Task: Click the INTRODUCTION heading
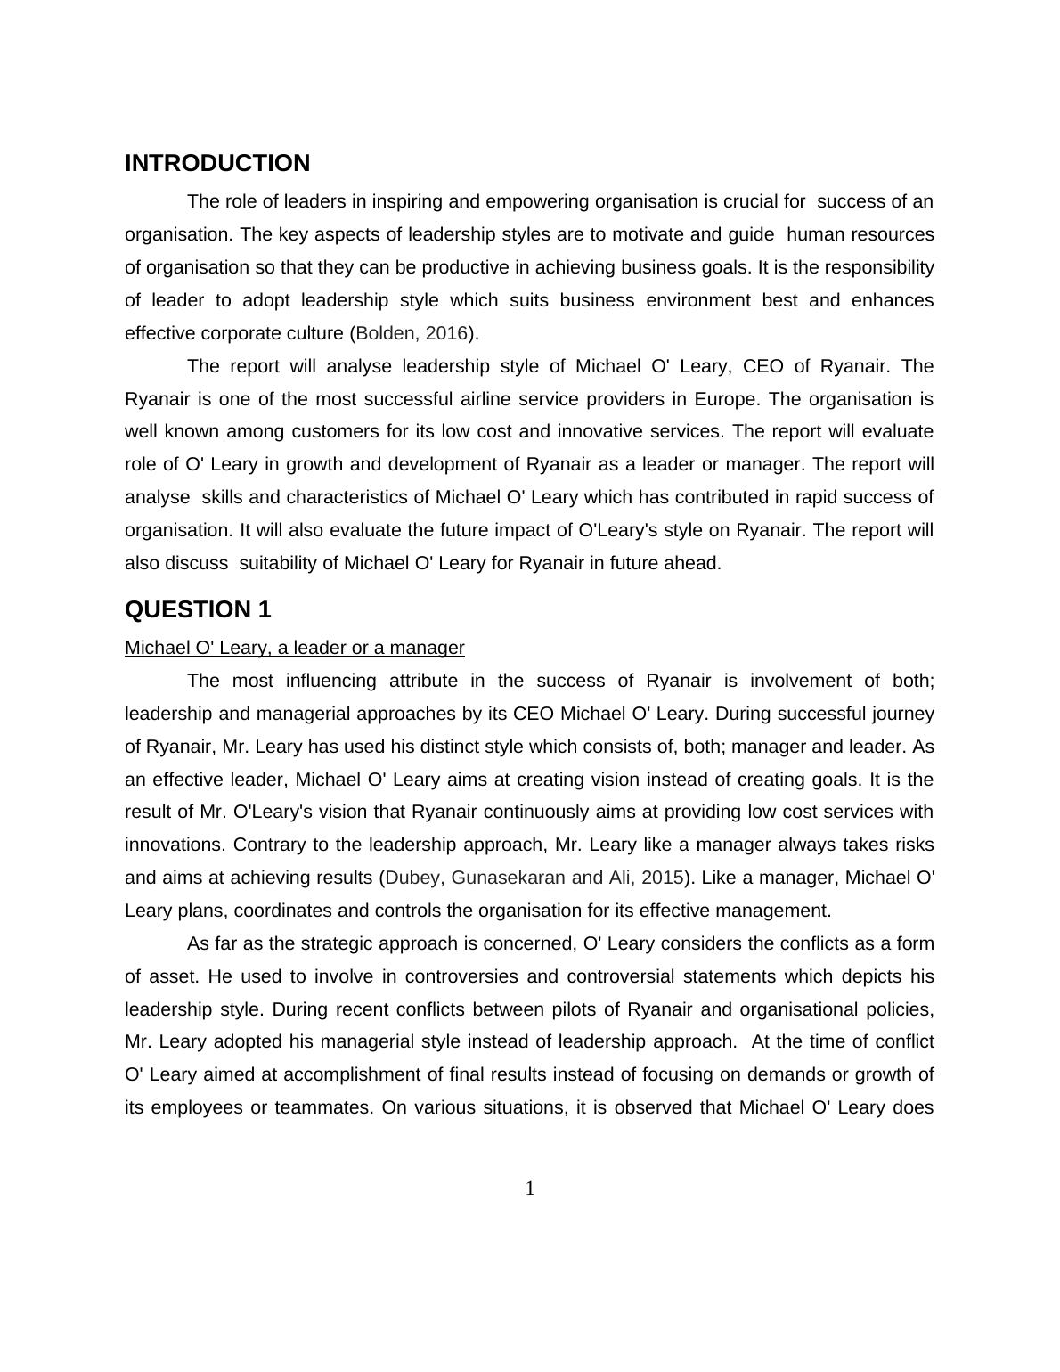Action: pos(217,164)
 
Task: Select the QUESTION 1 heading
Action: pos(198,610)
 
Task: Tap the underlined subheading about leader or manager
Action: pos(295,648)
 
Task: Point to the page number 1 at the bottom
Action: pos(530,1188)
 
